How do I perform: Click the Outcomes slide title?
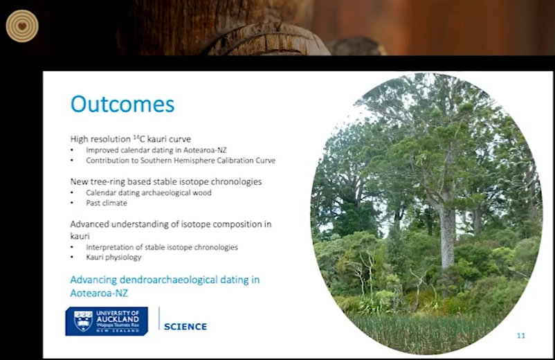click(122, 104)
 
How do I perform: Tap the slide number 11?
click(521, 336)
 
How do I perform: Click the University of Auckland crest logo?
click(83, 321)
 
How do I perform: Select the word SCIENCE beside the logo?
click(185, 326)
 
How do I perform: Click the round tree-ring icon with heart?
click(22, 26)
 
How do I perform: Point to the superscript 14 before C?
click(136, 136)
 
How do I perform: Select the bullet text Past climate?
click(107, 203)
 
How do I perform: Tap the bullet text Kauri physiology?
click(113, 258)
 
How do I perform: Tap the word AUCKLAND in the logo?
click(118, 319)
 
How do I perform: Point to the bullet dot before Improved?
click(72, 150)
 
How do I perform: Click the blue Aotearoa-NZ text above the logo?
click(99, 293)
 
